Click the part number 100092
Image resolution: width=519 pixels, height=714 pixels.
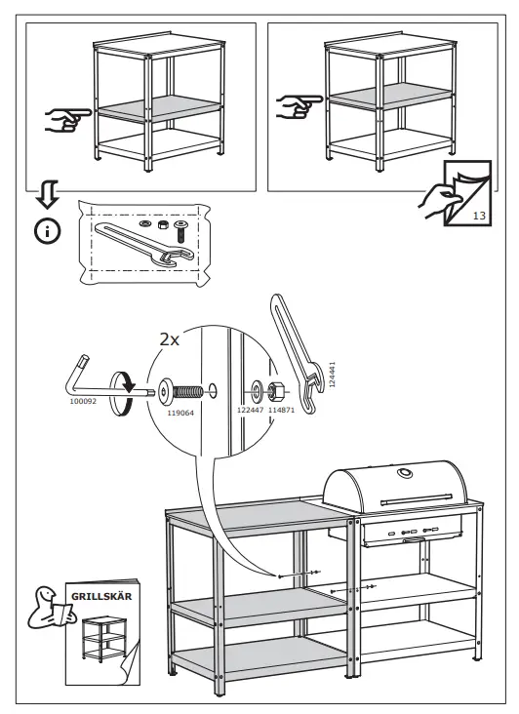[x=83, y=402]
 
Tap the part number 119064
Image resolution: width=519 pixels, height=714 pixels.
[x=180, y=413]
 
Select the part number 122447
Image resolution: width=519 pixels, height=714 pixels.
[x=251, y=410]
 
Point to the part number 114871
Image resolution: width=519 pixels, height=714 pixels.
[x=281, y=410]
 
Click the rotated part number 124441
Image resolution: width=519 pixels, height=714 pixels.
[x=333, y=375]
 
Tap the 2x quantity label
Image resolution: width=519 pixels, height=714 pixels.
[x=170, y=339]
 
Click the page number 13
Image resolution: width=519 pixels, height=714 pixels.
[x=479, y=216]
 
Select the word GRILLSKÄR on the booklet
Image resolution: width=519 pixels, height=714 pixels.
[x=101, y=597]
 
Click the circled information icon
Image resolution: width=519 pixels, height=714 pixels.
[x=47, y=232]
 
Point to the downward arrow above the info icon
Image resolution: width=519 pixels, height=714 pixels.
[x=48, y=194]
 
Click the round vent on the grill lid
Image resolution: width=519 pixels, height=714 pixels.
[x=404, y=473]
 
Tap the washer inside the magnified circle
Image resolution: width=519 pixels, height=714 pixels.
[x=257, y=389]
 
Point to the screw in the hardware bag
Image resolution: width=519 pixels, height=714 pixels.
[x=180, y=231]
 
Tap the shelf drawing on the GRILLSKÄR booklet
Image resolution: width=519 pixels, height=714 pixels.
[x=105, y=638]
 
